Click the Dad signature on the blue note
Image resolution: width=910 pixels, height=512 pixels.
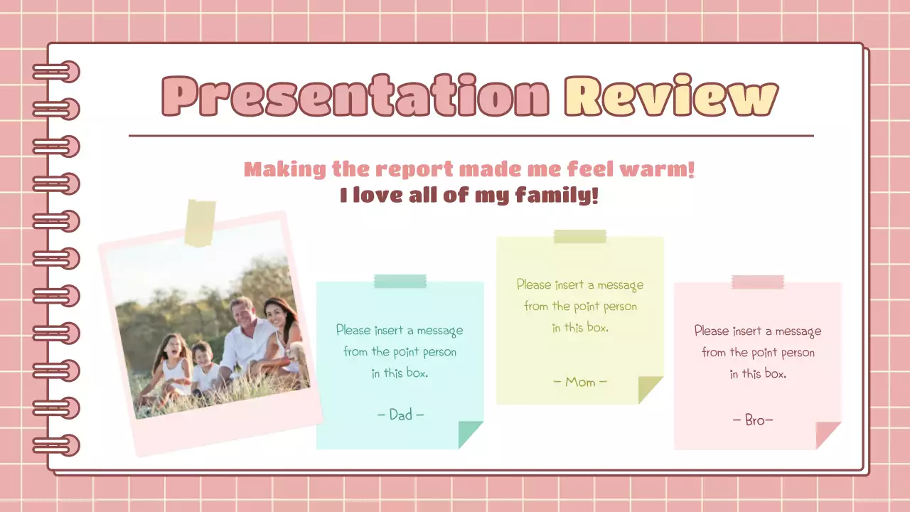point(400,415)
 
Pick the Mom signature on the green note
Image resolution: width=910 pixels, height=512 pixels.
point(580,382)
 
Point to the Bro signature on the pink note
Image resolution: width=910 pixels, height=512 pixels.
point(753,420)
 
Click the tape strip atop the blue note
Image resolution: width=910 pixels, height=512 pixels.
point(400,282)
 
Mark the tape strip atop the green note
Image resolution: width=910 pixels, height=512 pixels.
point(580,237)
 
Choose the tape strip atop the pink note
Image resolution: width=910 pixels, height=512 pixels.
point(758,282)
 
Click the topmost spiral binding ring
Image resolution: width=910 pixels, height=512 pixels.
point(57,72)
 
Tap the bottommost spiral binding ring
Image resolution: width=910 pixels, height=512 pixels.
point(57,445)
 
